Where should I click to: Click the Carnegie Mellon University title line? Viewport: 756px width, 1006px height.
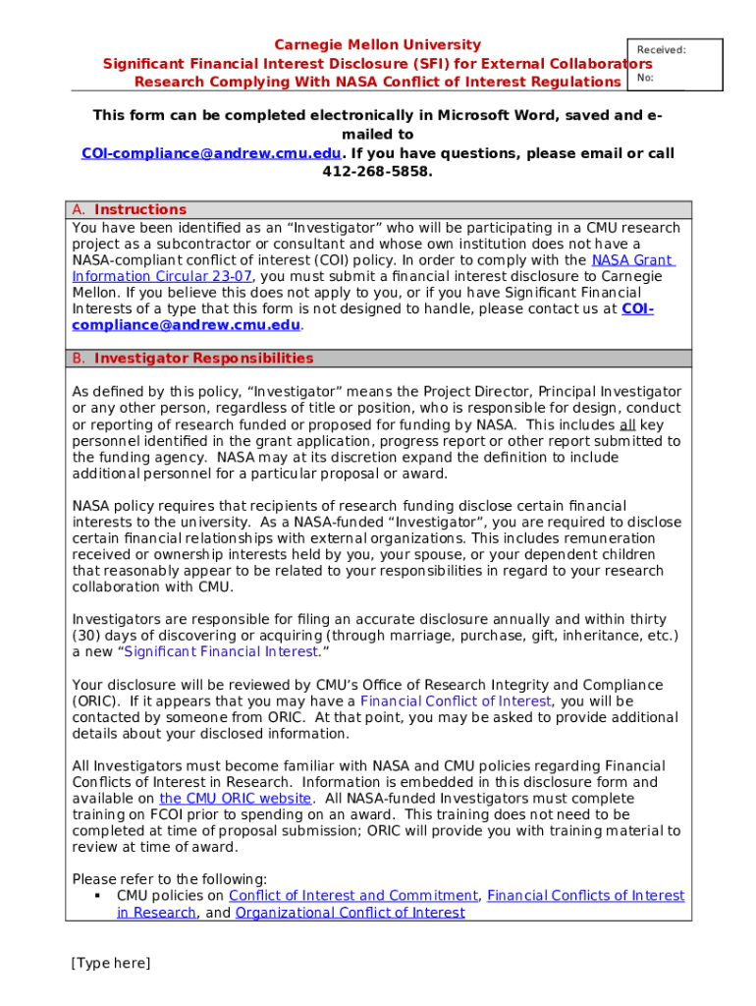[377, 45]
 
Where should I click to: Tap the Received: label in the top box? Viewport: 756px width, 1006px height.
[661, 50]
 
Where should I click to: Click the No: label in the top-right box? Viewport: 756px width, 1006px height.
[645, 78]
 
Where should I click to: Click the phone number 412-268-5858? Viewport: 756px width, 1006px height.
[377, 172]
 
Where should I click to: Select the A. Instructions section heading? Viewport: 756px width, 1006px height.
[130, 209]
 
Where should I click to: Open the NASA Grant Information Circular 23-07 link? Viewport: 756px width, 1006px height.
[162, 276]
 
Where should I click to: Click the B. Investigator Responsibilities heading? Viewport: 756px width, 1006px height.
[193, 359]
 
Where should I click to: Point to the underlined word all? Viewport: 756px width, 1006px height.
[627, 425]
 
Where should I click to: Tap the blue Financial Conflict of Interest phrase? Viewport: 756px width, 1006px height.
[456, 701]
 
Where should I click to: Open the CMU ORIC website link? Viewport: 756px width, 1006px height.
[235, 799]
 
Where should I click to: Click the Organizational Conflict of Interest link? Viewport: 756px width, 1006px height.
[350, 913]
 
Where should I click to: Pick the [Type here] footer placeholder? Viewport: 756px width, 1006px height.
[111, 964]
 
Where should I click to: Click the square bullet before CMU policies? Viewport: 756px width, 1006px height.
[98, 896]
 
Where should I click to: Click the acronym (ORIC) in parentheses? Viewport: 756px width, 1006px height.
[95, 701]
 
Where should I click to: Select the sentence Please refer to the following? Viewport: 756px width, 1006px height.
[170, 879]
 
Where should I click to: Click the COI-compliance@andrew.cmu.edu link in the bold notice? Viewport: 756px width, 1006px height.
[211, 154]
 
